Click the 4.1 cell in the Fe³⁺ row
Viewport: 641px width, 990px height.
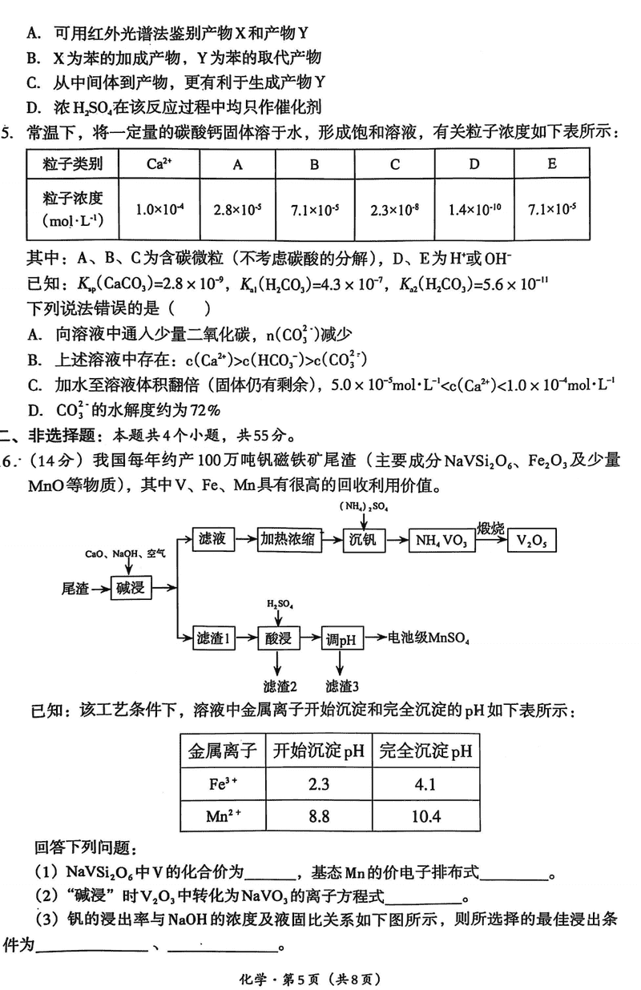pyautogui.click(x=425, y=783)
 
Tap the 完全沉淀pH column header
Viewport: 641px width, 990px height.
pyautogui.click(x=425, y=751)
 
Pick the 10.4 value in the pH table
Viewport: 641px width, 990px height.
pyautogui.click(x=425, y=819)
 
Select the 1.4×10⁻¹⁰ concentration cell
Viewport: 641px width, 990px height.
pyautogui.click(x=474, y=210)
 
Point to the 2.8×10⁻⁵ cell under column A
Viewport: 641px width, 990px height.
pyautogui.click(x=238, y=210)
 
